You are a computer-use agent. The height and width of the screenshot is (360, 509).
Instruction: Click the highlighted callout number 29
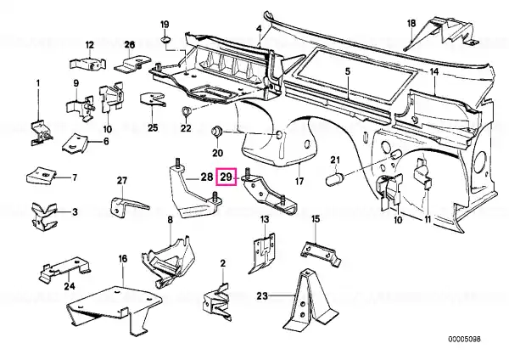[x=227, y=177]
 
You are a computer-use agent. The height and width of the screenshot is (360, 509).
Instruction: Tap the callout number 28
[x=206, y=177]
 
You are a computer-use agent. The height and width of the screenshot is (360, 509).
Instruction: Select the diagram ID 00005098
[x=464, y=340]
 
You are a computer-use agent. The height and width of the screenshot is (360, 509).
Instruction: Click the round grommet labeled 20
[x=217, y=132]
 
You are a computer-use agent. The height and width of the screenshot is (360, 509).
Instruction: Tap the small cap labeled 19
[x=166, y=40]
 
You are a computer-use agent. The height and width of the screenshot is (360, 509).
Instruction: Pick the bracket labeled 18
[x=439, y=32]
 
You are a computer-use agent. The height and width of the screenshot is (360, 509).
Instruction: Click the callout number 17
[x=299, y=181]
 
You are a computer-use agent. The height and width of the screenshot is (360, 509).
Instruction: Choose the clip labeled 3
[x=44, y=215]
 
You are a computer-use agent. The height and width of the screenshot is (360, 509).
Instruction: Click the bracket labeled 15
[x=321, y=252]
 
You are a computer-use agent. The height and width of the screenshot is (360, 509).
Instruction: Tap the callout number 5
[x=348, y=71]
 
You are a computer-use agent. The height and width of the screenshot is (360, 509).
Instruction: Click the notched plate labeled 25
[x=152, y=98]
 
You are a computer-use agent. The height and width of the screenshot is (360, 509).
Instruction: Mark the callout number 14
[x=434, y=71]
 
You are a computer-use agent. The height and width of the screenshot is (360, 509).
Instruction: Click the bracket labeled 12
[x=88, y=64]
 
